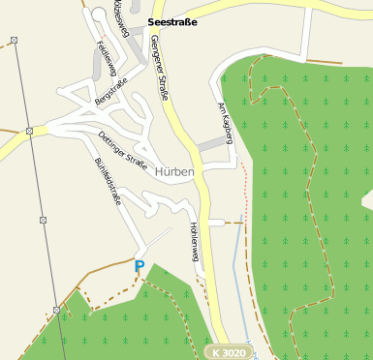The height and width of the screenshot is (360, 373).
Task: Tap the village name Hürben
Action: [174, 171]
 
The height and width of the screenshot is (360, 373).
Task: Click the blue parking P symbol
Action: [140, 266]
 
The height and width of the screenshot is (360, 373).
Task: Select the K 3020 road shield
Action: [227, 351]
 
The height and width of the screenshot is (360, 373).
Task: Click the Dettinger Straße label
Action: [122, 151]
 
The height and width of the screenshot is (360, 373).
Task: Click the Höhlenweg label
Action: [195, 244]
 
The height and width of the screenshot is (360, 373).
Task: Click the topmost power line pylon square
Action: [14, 40]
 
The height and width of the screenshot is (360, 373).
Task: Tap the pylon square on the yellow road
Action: [30, 131]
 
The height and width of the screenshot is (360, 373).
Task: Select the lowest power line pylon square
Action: [56, 311]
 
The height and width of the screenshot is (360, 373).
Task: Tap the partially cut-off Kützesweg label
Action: [121, 16]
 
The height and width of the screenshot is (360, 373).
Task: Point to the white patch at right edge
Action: [367, 199]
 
